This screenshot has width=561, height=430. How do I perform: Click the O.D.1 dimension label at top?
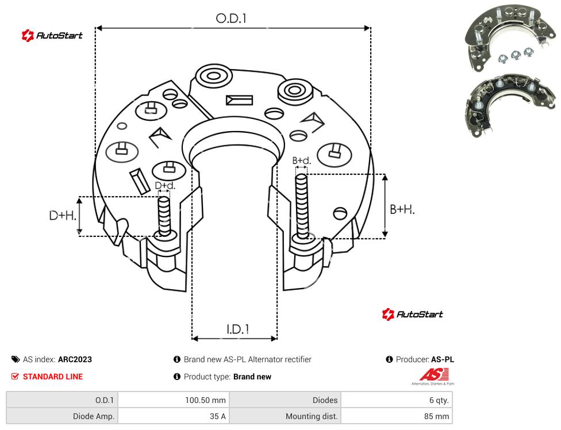point(231,18)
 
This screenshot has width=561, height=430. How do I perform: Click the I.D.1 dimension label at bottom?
point(238,329)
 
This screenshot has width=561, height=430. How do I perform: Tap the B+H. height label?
point(402,209)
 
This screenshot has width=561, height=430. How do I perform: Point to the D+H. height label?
point(63,216)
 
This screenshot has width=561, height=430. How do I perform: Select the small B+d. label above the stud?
point(302,160)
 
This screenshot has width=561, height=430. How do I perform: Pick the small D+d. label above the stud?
point(165,186)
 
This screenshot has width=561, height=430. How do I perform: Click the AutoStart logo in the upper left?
point(52,36)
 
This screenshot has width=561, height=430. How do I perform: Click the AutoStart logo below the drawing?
point(413,314)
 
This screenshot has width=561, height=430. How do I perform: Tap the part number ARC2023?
point(75,359)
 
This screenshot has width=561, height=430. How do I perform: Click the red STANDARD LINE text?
point(53,377)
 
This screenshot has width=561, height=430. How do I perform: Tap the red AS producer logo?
point(433,377)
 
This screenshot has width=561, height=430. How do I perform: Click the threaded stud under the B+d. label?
point(302,206)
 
